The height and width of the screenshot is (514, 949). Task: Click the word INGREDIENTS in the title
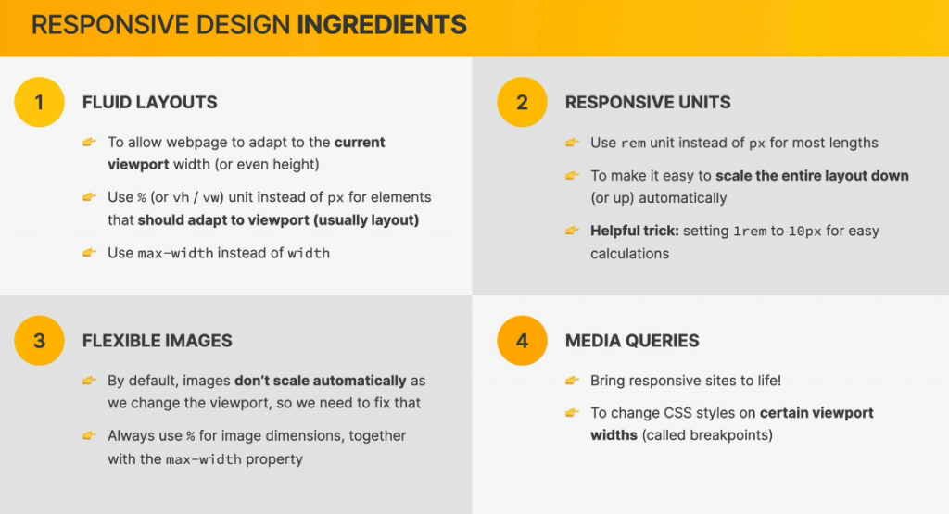click(x=382, y=25)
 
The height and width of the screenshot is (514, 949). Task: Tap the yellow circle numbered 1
click(x=39, y=102)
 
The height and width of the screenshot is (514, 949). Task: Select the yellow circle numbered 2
click(x=522, y=102)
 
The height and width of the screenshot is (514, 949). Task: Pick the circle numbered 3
click(x=39, y=341)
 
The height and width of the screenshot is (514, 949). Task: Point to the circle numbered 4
click(x=522, y=341)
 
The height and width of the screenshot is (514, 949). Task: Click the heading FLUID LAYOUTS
click(x=149, y=102)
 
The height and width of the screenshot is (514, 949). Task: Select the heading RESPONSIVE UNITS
click(x=648, y=102)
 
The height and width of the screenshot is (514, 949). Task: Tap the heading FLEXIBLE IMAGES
click(x=158, y=341)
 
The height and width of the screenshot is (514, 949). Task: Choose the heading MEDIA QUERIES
click(x=632, y=341)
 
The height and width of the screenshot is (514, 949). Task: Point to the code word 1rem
click(x=749, y=232)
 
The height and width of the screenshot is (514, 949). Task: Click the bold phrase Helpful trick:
click(x=635, y=231)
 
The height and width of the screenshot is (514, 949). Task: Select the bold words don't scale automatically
click(x=320, y=381)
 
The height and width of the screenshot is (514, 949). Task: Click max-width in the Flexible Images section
click(x=203, y=459)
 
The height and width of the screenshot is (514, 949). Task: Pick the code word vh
click(x=181, y=198)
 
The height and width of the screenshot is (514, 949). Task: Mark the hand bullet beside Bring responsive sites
click(x=572, y=381)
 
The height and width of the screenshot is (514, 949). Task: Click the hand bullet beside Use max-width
click(x=90, y=252)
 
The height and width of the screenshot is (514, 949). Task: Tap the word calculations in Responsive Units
click(x=630, y=254)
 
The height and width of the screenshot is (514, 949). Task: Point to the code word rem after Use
click(x=633, y=144)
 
